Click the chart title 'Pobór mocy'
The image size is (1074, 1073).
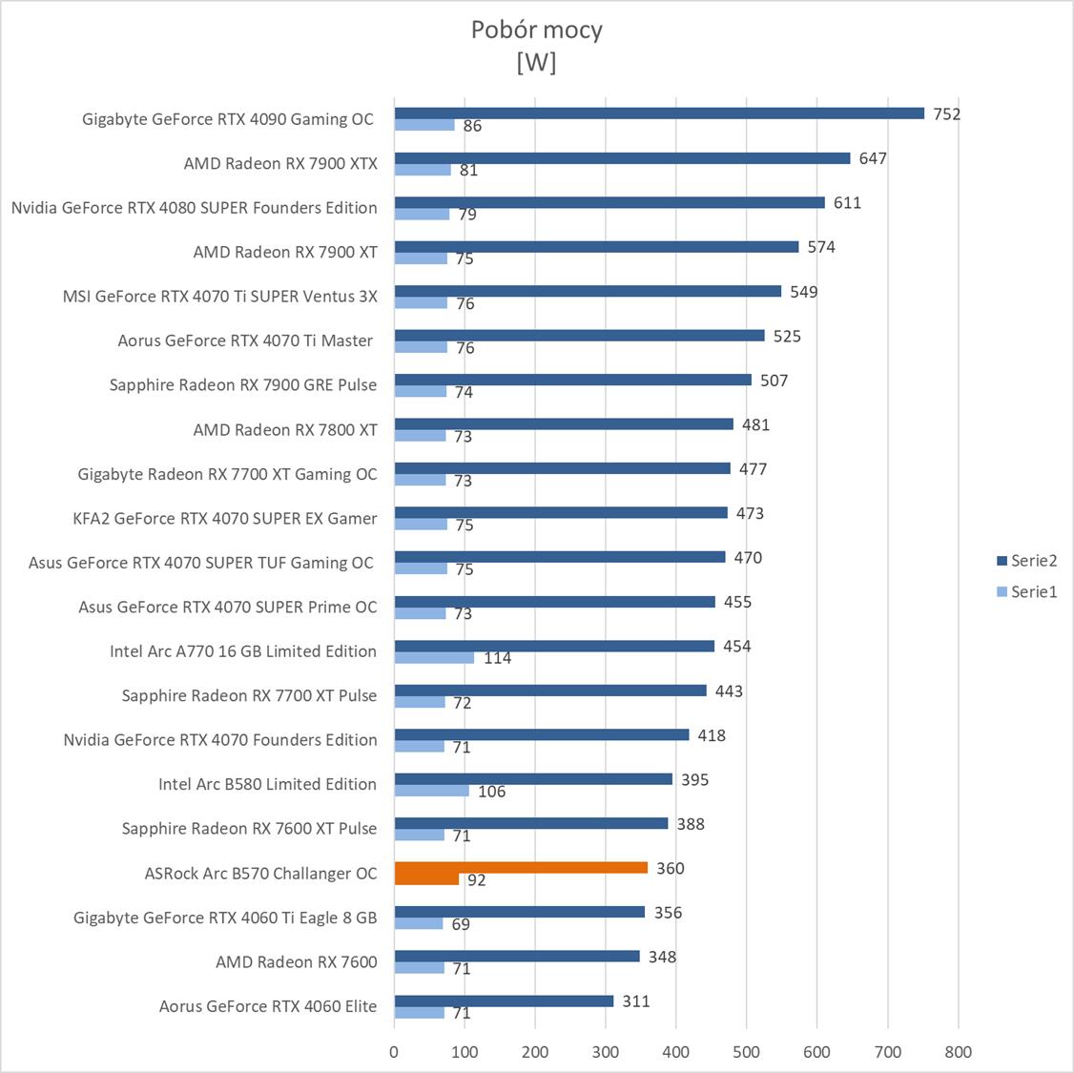[536, 30]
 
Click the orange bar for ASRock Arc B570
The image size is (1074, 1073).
[521, 867]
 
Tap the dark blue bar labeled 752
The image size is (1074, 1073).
[659, 113]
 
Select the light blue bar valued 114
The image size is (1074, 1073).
[434, 657]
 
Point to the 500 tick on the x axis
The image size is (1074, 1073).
[747, 1052]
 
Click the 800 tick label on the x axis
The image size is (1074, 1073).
[958, 1052]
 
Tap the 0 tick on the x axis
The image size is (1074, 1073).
[394, 1052]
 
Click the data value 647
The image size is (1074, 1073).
[873, 158]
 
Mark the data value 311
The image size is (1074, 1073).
[635, 1001]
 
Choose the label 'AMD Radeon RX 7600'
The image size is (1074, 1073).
[296, 961]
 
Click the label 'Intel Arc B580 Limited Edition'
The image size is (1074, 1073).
[267, 784]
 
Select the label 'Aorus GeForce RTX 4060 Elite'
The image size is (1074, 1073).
[268, 1006]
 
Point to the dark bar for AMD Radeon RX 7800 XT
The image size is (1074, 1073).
[564, 423]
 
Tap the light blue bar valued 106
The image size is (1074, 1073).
[431, 791]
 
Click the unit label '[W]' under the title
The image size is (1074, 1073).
[536, 62]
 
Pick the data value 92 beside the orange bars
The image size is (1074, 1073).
[476, 879]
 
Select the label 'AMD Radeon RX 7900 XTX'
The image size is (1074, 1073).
[280, 163]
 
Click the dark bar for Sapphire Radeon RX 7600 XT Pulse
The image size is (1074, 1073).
[530, 823]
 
